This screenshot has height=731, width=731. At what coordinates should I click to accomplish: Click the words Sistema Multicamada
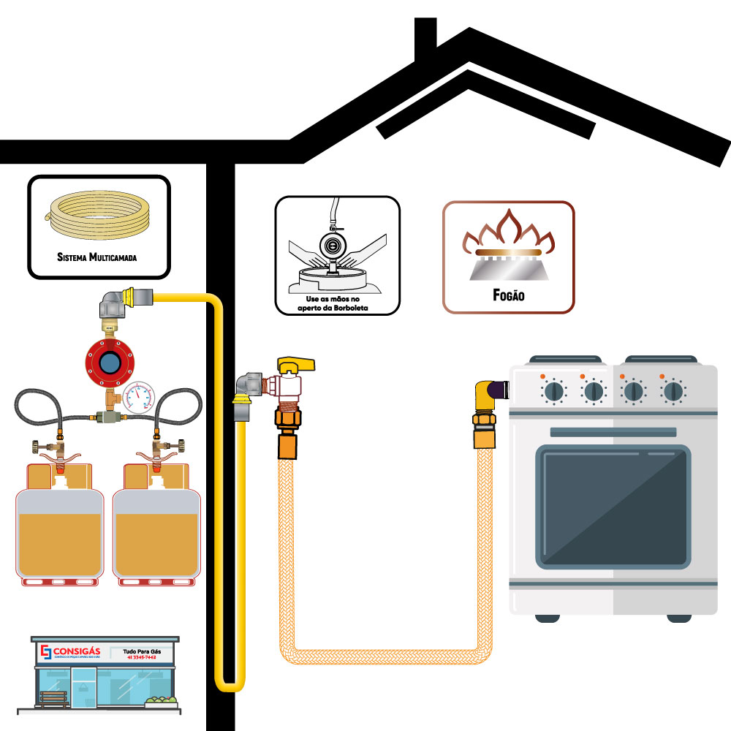(x=97, y=257)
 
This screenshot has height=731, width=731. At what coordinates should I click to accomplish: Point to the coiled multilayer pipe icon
(x=97, y=213)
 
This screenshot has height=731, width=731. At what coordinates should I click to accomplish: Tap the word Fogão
(x=508, y=297)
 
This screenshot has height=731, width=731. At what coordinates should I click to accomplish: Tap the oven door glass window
(x=613, y=506)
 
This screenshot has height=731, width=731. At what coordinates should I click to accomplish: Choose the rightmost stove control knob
(x=673, y=392)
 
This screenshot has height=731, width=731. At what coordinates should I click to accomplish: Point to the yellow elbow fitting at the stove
(x=486, y=398)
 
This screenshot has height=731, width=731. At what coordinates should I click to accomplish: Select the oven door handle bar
(x=613, y=432)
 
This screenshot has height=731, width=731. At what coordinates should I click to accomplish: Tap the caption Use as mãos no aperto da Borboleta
(x=337, y=305)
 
